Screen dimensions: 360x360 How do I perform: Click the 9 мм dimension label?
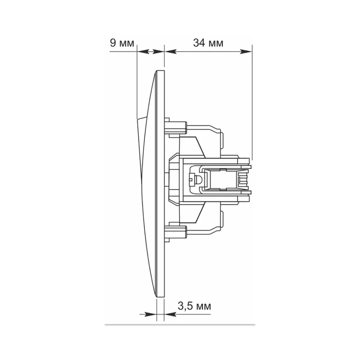coord(122,43)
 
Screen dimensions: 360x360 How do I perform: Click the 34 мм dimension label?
coord(208,43)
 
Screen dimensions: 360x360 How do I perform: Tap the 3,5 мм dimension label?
coord(194,306)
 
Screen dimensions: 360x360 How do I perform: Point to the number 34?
coord(199,43)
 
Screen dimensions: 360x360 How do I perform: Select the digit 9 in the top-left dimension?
coord(113,43)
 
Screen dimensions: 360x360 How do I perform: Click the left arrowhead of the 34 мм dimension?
coord(171,51)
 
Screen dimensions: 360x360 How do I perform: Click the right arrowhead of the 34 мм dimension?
coord(246,51)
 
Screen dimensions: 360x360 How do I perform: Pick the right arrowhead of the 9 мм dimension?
coord(159,51)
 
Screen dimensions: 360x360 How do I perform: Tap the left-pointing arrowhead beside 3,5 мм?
coord(171,314)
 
